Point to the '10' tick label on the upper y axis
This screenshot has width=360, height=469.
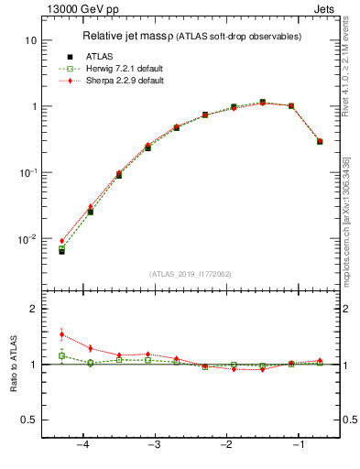pyautogui.click(x=29, y=41)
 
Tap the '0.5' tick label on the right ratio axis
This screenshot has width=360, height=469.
pyautogui.click(x=348, y=420)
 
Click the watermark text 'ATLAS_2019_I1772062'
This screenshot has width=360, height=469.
pyautogui.click(x=190, y=273)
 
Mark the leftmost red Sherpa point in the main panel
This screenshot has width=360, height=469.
pyautogui.click(x=62, y=241)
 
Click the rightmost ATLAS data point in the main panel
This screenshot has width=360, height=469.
pyautogui.click(x=320, y=141)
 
